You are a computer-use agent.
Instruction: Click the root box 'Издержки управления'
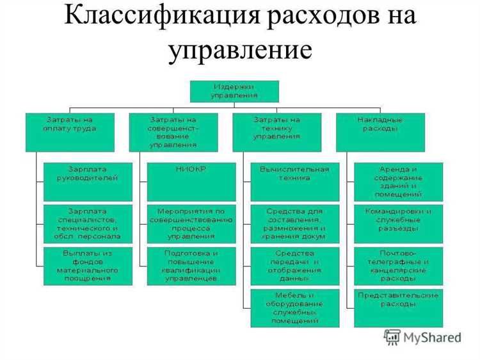click(x=234, y=91)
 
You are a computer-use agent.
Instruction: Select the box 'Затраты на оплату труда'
click(x=70, y=132)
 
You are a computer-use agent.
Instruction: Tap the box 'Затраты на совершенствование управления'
click(x=173, y=132)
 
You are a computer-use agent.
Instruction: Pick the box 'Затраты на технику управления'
click(x=276, y=132)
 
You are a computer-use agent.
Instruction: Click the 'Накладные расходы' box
click(x=380, y=132)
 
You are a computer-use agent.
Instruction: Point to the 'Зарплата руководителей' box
click(x=88, y=181)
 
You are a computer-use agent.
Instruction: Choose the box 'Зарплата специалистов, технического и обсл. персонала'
click(x=88, y=224)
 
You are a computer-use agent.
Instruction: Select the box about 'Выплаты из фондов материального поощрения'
click(x=88, y=265)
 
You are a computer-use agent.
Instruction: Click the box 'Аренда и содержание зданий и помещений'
click(x=399, y=181)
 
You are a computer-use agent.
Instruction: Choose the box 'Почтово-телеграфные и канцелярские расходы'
click(x=399, y=265)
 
